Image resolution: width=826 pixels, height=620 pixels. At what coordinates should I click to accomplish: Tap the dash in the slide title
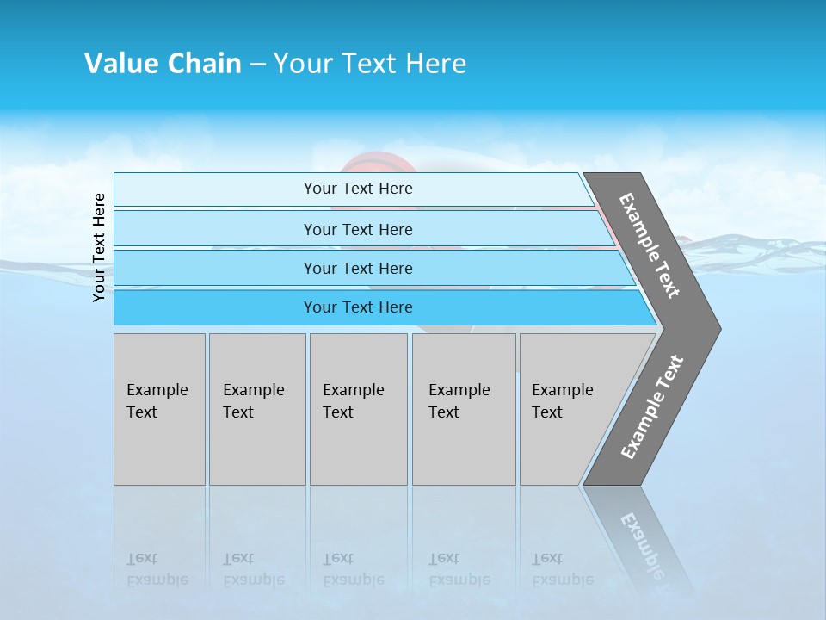point(257,65)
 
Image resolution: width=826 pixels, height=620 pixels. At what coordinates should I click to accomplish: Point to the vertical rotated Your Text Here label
point(99,247)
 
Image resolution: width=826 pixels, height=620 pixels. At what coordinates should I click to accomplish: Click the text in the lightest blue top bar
point(358,189)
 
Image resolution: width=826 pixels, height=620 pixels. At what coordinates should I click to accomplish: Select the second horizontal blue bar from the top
point(358,229)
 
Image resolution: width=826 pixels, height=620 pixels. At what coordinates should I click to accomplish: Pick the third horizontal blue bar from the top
point(358,269)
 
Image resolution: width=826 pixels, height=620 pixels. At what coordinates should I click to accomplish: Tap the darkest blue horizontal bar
point(358,307)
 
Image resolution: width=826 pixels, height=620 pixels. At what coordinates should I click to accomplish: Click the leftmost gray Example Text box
point(159,409)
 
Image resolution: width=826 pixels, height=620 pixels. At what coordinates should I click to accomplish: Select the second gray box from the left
point(257,409)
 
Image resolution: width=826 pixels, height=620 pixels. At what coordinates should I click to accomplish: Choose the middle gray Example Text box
point(358,409)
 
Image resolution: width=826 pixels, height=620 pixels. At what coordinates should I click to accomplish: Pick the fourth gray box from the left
point(464,409)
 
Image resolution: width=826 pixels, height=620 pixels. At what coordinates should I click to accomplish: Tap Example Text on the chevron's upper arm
point(650,245)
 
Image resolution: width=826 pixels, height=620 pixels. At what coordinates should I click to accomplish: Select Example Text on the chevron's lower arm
point(652,407)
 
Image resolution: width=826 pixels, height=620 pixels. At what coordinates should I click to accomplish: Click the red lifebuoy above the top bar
point(379,163)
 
